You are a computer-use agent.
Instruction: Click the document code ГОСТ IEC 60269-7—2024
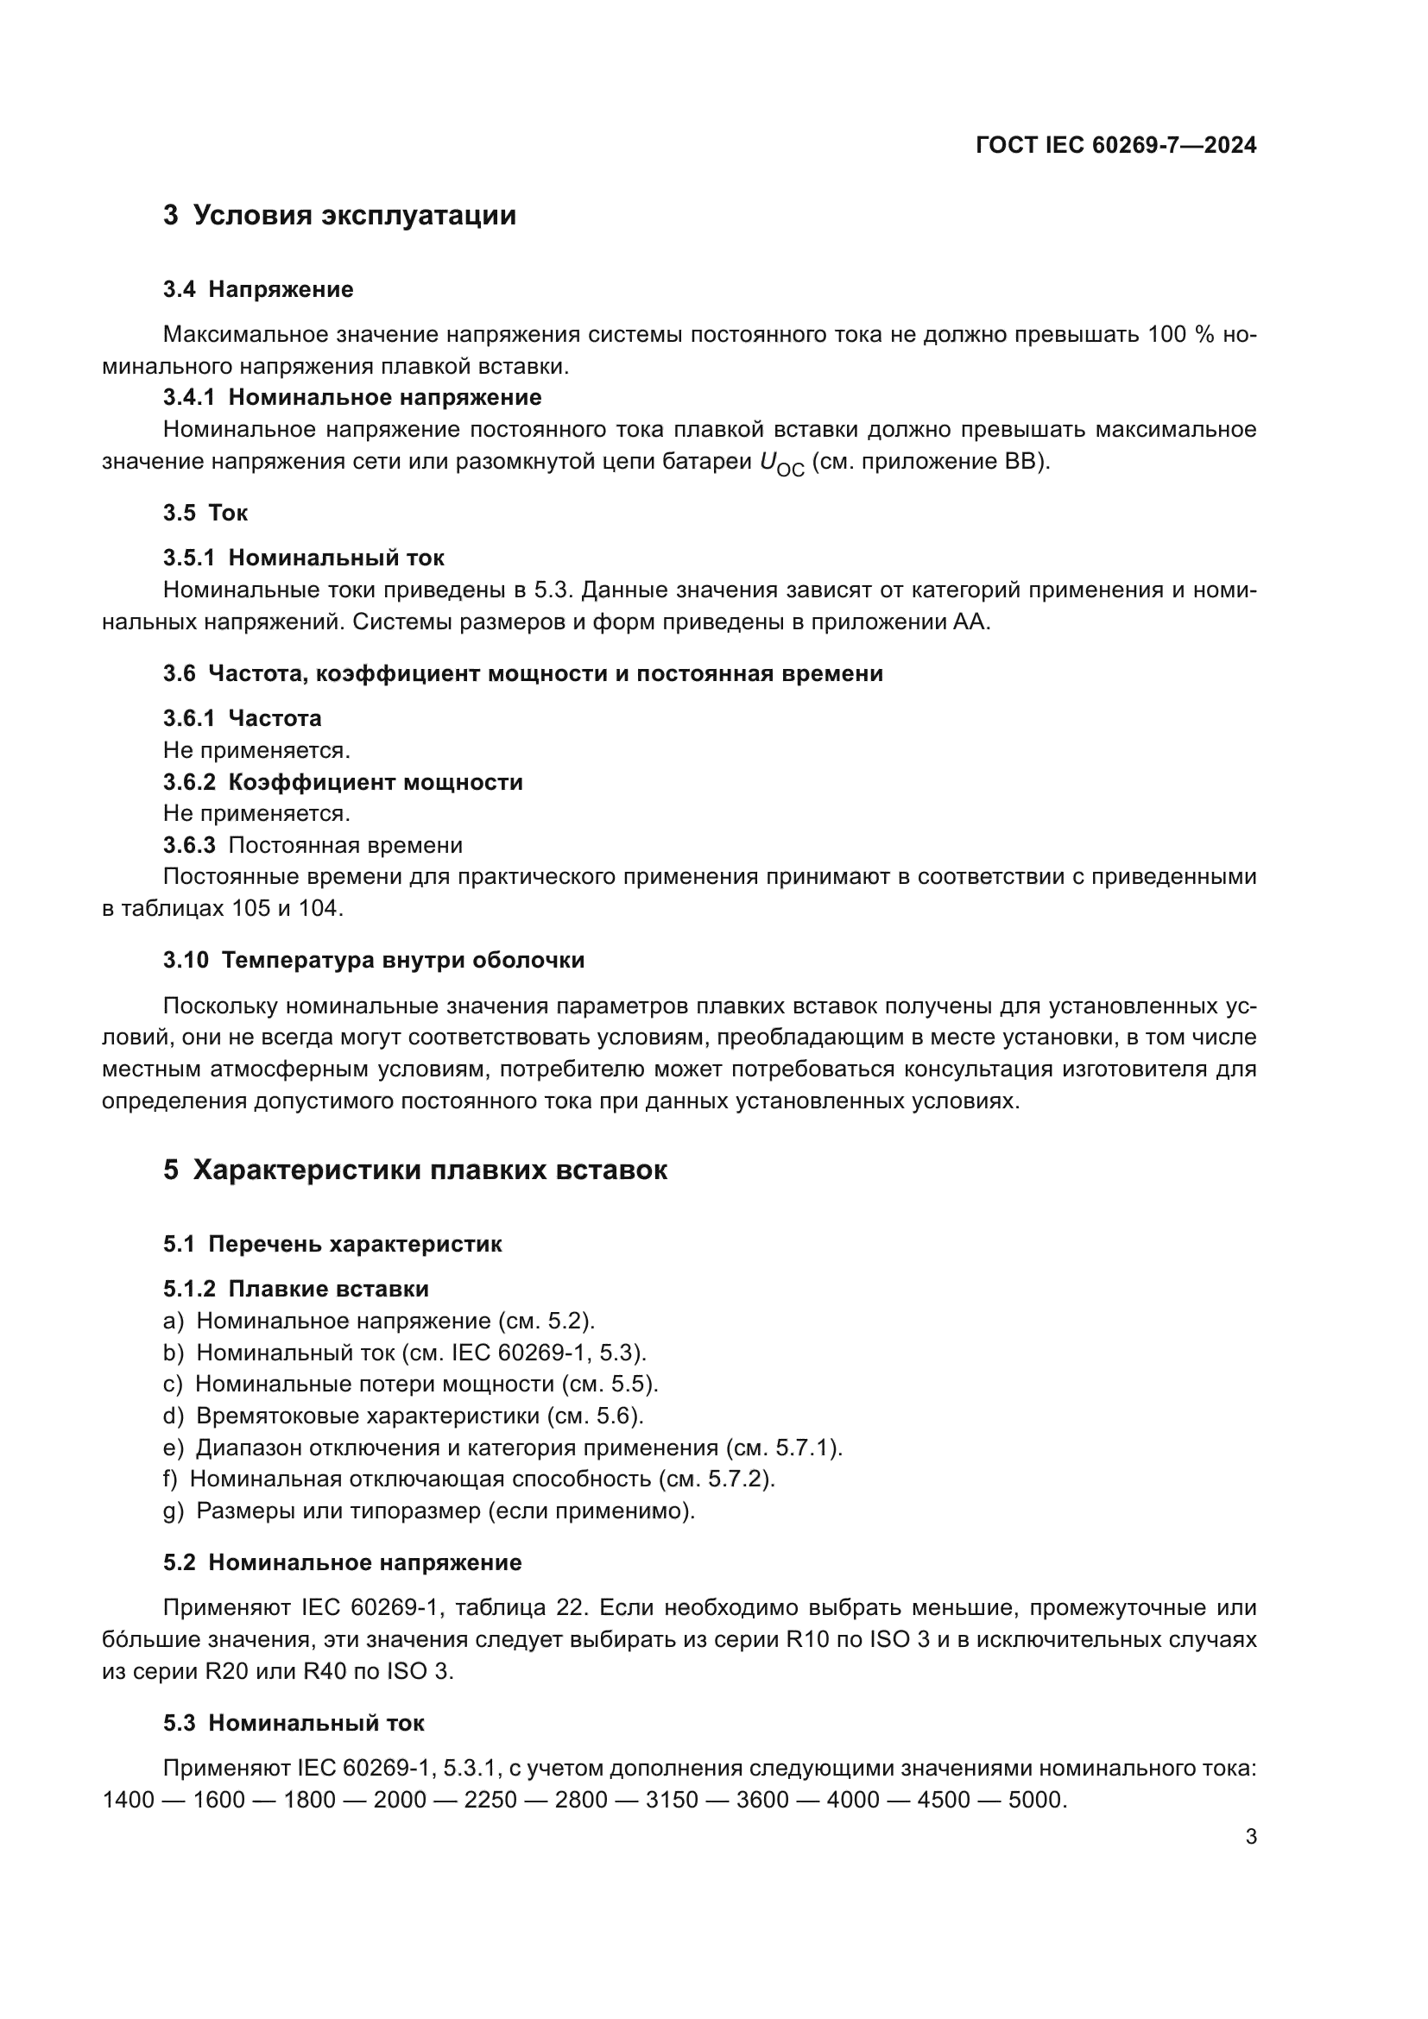pyautogui.click(x=1115, y=145)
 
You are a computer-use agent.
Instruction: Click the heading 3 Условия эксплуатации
pyautogui.click(x=339, y=216)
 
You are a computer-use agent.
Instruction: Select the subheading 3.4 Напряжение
pyautogui.click(x=257, y=289)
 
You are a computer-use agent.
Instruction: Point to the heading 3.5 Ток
pyautogui.click(x=205, y=513)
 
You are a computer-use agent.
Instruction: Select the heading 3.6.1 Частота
pyautogui.click(x=242, y=718)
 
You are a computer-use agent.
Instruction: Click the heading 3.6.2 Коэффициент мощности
pyautogui.click(x=342, y=782)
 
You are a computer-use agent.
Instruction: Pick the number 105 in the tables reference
pyautogui.click(x=251, y=908)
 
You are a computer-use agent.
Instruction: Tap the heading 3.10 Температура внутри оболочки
pyautogui.click(x=374, y=960)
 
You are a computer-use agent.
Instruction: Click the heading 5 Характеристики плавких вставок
pyautogui.click(x=415, y=1170)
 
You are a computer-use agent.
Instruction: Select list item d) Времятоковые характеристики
pyautogui.click(x=403, y=1416)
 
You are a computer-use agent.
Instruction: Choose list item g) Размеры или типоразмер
pyautogui.click(x=429, y=1511)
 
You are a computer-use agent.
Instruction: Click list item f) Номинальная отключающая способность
pyautogui.click(x=469, y=1480)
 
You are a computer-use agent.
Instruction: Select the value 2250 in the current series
pyautogui.click(x=490, y=1800)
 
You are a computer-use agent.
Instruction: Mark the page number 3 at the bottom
pyautogui.click(x=1250, y=1837)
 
